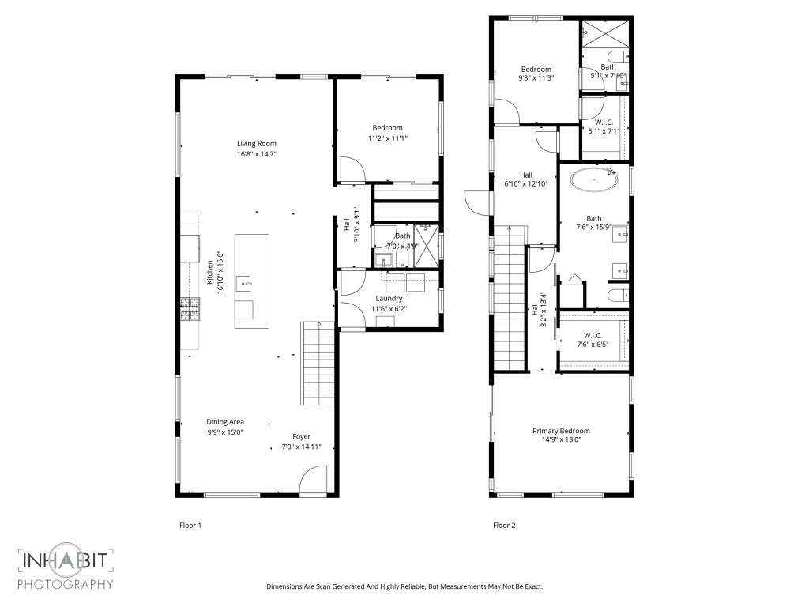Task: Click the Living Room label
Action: (256, 143)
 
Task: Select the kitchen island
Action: (251, 281)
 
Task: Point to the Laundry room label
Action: (389, 298)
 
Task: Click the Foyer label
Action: (301, 436)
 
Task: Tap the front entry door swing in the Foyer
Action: (314, 480)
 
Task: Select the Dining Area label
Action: (225, 422)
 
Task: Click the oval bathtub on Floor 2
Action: (594, 180)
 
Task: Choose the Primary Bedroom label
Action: (561, 431)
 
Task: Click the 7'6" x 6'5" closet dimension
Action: (593, 344)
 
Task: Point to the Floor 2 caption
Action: (504, 525)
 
